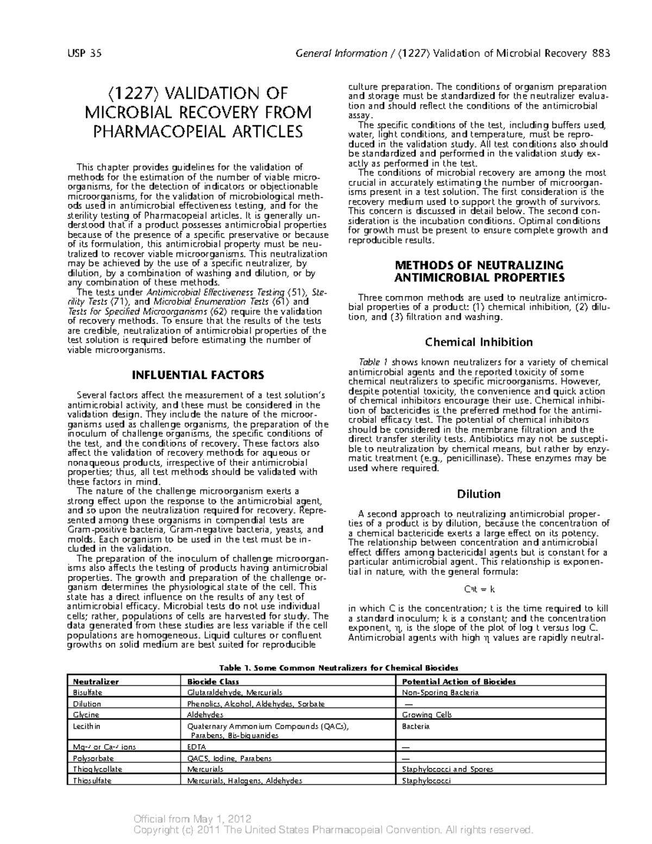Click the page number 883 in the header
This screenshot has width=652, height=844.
[601, 53]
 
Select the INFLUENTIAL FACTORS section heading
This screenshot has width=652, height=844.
[198, 375]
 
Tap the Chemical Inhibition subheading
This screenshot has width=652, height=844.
[479, 342]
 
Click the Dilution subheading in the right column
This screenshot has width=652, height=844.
[478, 494]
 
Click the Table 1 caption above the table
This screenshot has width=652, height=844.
[338, 667]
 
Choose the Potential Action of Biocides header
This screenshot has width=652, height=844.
[459, 682]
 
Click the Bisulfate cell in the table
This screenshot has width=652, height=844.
[87, 693]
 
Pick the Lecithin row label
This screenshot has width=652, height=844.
[86, 726]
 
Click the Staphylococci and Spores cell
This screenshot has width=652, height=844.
[447, 770]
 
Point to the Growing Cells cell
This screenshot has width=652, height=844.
[427, 715]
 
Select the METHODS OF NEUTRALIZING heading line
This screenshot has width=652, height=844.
[479, 265]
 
